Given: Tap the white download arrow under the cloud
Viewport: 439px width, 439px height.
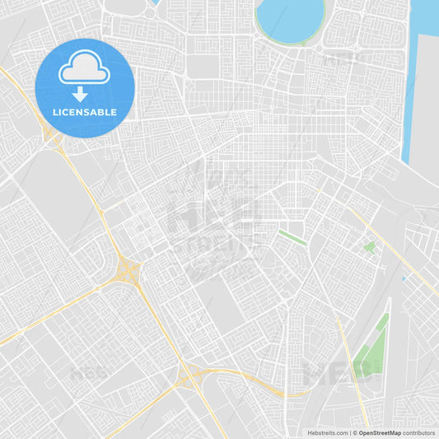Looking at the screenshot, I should [80, 94].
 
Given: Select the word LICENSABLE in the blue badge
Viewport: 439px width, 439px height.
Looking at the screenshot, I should [84, 112].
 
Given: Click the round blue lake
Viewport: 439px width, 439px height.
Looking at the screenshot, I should [289, 20].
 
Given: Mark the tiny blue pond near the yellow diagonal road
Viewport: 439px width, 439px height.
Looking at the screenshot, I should [403, 278].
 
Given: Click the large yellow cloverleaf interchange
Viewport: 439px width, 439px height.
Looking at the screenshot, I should [127, 271].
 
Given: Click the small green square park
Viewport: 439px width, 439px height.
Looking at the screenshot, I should [369, 246].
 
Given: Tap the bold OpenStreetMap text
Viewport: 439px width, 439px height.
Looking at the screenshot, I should [378, 432].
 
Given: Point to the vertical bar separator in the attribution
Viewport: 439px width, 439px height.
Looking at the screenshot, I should [351, 432].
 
